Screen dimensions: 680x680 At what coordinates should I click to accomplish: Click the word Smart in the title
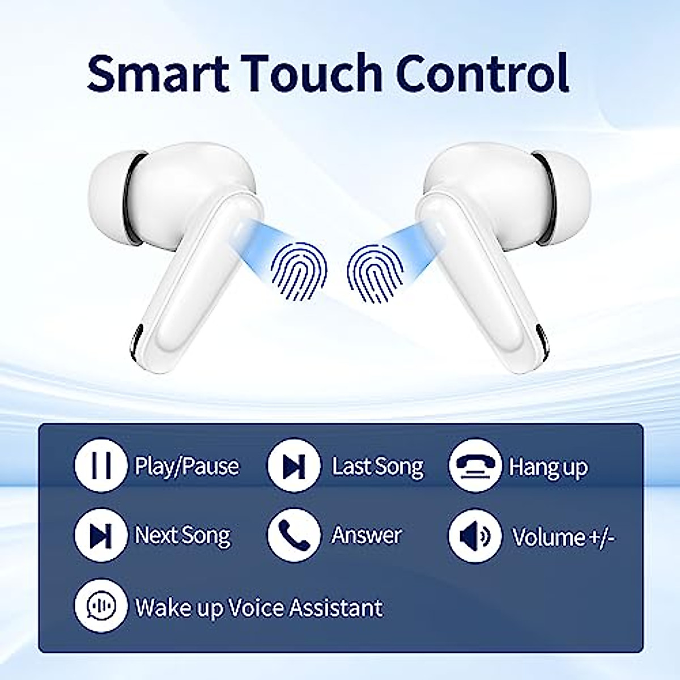(158, 74)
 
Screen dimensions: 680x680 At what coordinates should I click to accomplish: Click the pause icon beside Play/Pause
(101, 465)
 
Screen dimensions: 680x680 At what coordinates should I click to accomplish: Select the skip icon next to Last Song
(294, 465)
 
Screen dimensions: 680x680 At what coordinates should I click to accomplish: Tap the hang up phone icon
(475, 465)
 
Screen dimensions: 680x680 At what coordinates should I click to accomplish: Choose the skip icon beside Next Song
(101, 535)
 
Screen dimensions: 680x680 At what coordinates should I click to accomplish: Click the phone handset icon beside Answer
(294, 535)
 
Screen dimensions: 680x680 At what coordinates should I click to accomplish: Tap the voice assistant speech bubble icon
(101, 606)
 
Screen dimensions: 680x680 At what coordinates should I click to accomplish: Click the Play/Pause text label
(187, 466)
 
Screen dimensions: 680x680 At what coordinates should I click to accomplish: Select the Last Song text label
(377, 466)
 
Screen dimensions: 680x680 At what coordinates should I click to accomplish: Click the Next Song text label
(183, 535)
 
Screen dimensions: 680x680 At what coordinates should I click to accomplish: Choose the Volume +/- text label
(563, 537)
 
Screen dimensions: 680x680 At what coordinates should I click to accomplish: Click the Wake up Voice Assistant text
(259, 607)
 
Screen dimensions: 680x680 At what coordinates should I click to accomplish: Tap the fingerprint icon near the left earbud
(299, 272)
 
